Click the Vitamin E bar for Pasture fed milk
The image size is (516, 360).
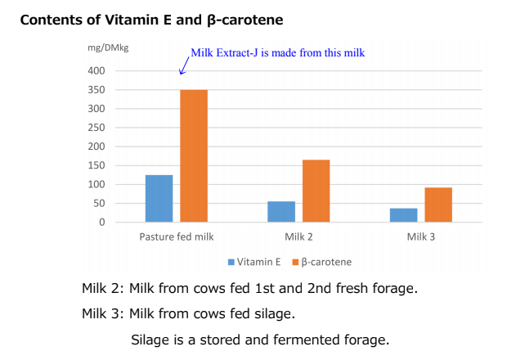tap(159, 198)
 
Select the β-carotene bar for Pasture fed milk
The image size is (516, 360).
tap(194, 155)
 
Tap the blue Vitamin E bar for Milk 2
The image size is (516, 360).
tap(281, 211)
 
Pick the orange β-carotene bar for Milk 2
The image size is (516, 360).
tap(316, 191)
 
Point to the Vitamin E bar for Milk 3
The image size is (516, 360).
tap(403, 215)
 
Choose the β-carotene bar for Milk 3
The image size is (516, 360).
tap(438, 205)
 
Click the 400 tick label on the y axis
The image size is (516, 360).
tap(96, 71)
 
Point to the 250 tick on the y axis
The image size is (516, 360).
tap(96, 128)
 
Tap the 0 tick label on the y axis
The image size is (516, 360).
tap(102, 223)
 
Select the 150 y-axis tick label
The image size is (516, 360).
tap(96, 165)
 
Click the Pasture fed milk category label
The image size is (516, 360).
tap(177, 236)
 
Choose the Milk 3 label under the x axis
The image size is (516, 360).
tap(421, 236)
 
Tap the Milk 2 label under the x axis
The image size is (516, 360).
tap(298, 236)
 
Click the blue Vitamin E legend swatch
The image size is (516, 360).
tap(231, 262)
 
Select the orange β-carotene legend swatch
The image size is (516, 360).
tap(295, 262)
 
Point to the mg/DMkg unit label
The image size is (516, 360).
tap(108, 47)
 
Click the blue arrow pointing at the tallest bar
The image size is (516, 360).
tap(184, 65)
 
